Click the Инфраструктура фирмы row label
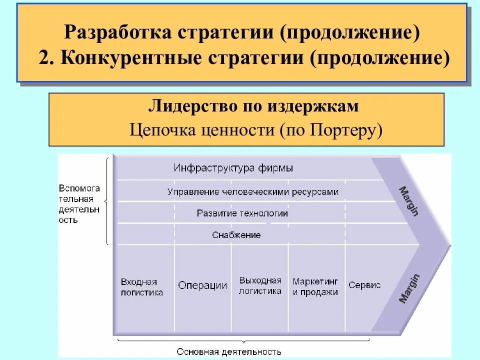pos(233,168)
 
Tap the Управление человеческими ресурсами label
pos(253,191)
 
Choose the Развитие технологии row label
pos(242,213)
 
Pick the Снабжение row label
pos(236,234)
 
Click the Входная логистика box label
pos(142,287)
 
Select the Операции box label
pos(202,285)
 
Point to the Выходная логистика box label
pos(260,285)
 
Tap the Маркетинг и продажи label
pos(315,286)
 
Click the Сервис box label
pos(364,285)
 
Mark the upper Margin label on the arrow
pos(408,200)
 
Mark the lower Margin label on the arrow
pos(409,288)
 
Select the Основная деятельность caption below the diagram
pos(229,351)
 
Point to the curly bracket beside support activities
pos(107,201)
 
